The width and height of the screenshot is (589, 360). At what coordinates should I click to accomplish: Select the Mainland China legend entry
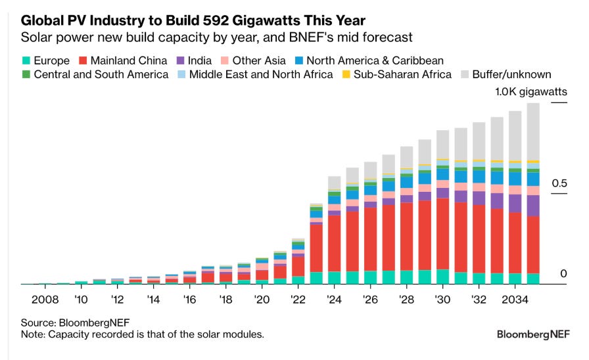124,60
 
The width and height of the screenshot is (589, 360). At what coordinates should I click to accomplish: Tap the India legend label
199,60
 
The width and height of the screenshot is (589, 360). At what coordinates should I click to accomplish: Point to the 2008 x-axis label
45,299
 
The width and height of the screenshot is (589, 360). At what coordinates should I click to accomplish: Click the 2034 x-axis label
515,299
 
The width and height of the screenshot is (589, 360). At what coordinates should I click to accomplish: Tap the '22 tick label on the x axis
298,299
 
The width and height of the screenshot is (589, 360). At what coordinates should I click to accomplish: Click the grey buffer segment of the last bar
533,131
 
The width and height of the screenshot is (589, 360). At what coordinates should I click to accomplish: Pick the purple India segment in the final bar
533,206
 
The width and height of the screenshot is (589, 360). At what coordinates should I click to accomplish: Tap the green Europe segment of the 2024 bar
334,277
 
